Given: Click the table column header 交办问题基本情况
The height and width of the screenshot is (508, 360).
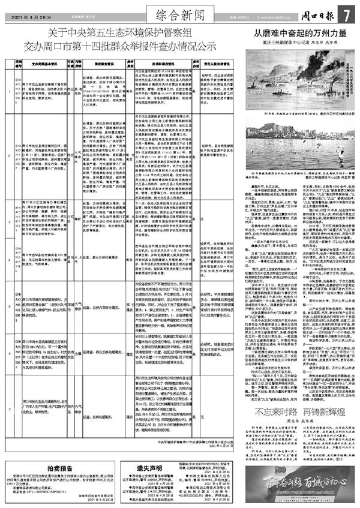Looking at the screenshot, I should click(x=44, y=61).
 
